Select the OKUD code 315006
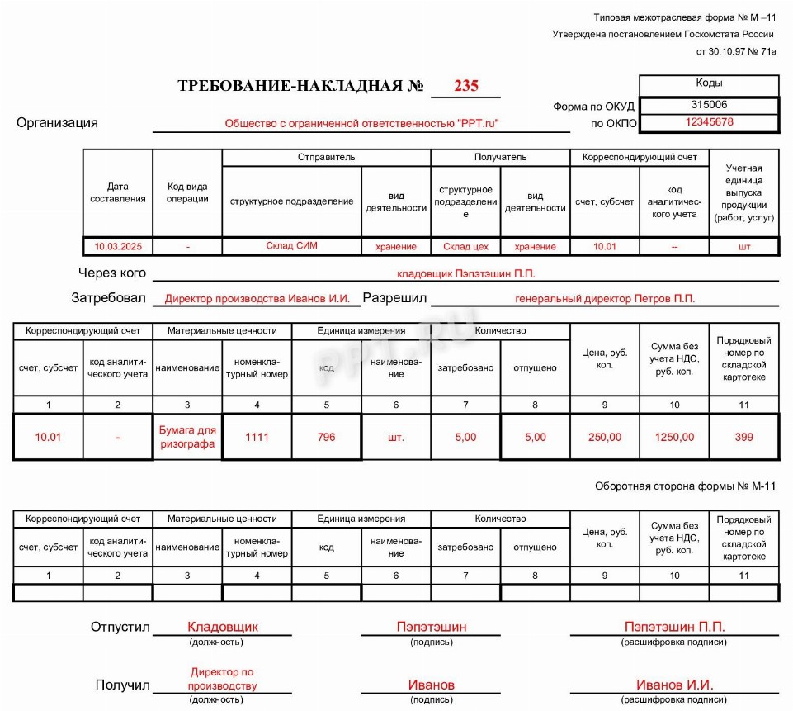pos(709,105)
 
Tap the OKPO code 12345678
pos(709,122)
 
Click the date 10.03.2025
pos(118,246)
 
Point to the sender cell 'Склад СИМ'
pos(291,246)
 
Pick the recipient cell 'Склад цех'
pos(466,246)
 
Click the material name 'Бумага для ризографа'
pos(187,437)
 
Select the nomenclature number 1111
pos(257,437)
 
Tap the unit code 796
pos(327,437)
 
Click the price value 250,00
pos(605,437)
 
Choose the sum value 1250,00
pos(674,437)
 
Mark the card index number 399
pos(744,437)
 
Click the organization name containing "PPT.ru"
pos(362,123)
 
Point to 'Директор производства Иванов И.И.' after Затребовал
pos(257,298)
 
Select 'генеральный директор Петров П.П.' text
pos(605,298)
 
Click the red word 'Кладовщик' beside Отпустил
pos(223,627)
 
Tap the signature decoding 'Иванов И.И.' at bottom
pos(674,685)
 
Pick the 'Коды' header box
pos(709,83)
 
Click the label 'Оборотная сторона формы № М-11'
pos(685,486)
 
